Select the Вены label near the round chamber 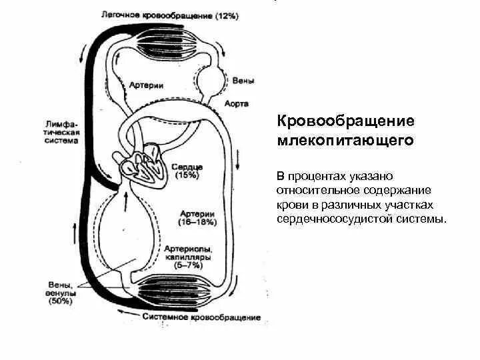pos(243,81)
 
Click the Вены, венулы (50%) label pos(62,291)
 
